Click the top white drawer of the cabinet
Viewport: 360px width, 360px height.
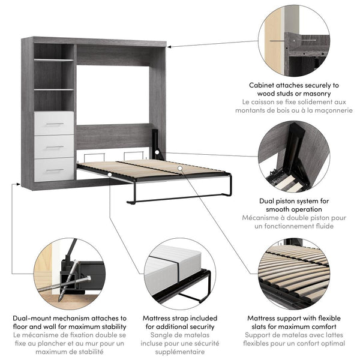54,123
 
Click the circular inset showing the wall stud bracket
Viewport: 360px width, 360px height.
295,40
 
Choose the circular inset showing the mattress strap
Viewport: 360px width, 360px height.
179,273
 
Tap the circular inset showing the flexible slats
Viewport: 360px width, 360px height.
295,273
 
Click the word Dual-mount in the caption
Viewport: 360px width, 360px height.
34,318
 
